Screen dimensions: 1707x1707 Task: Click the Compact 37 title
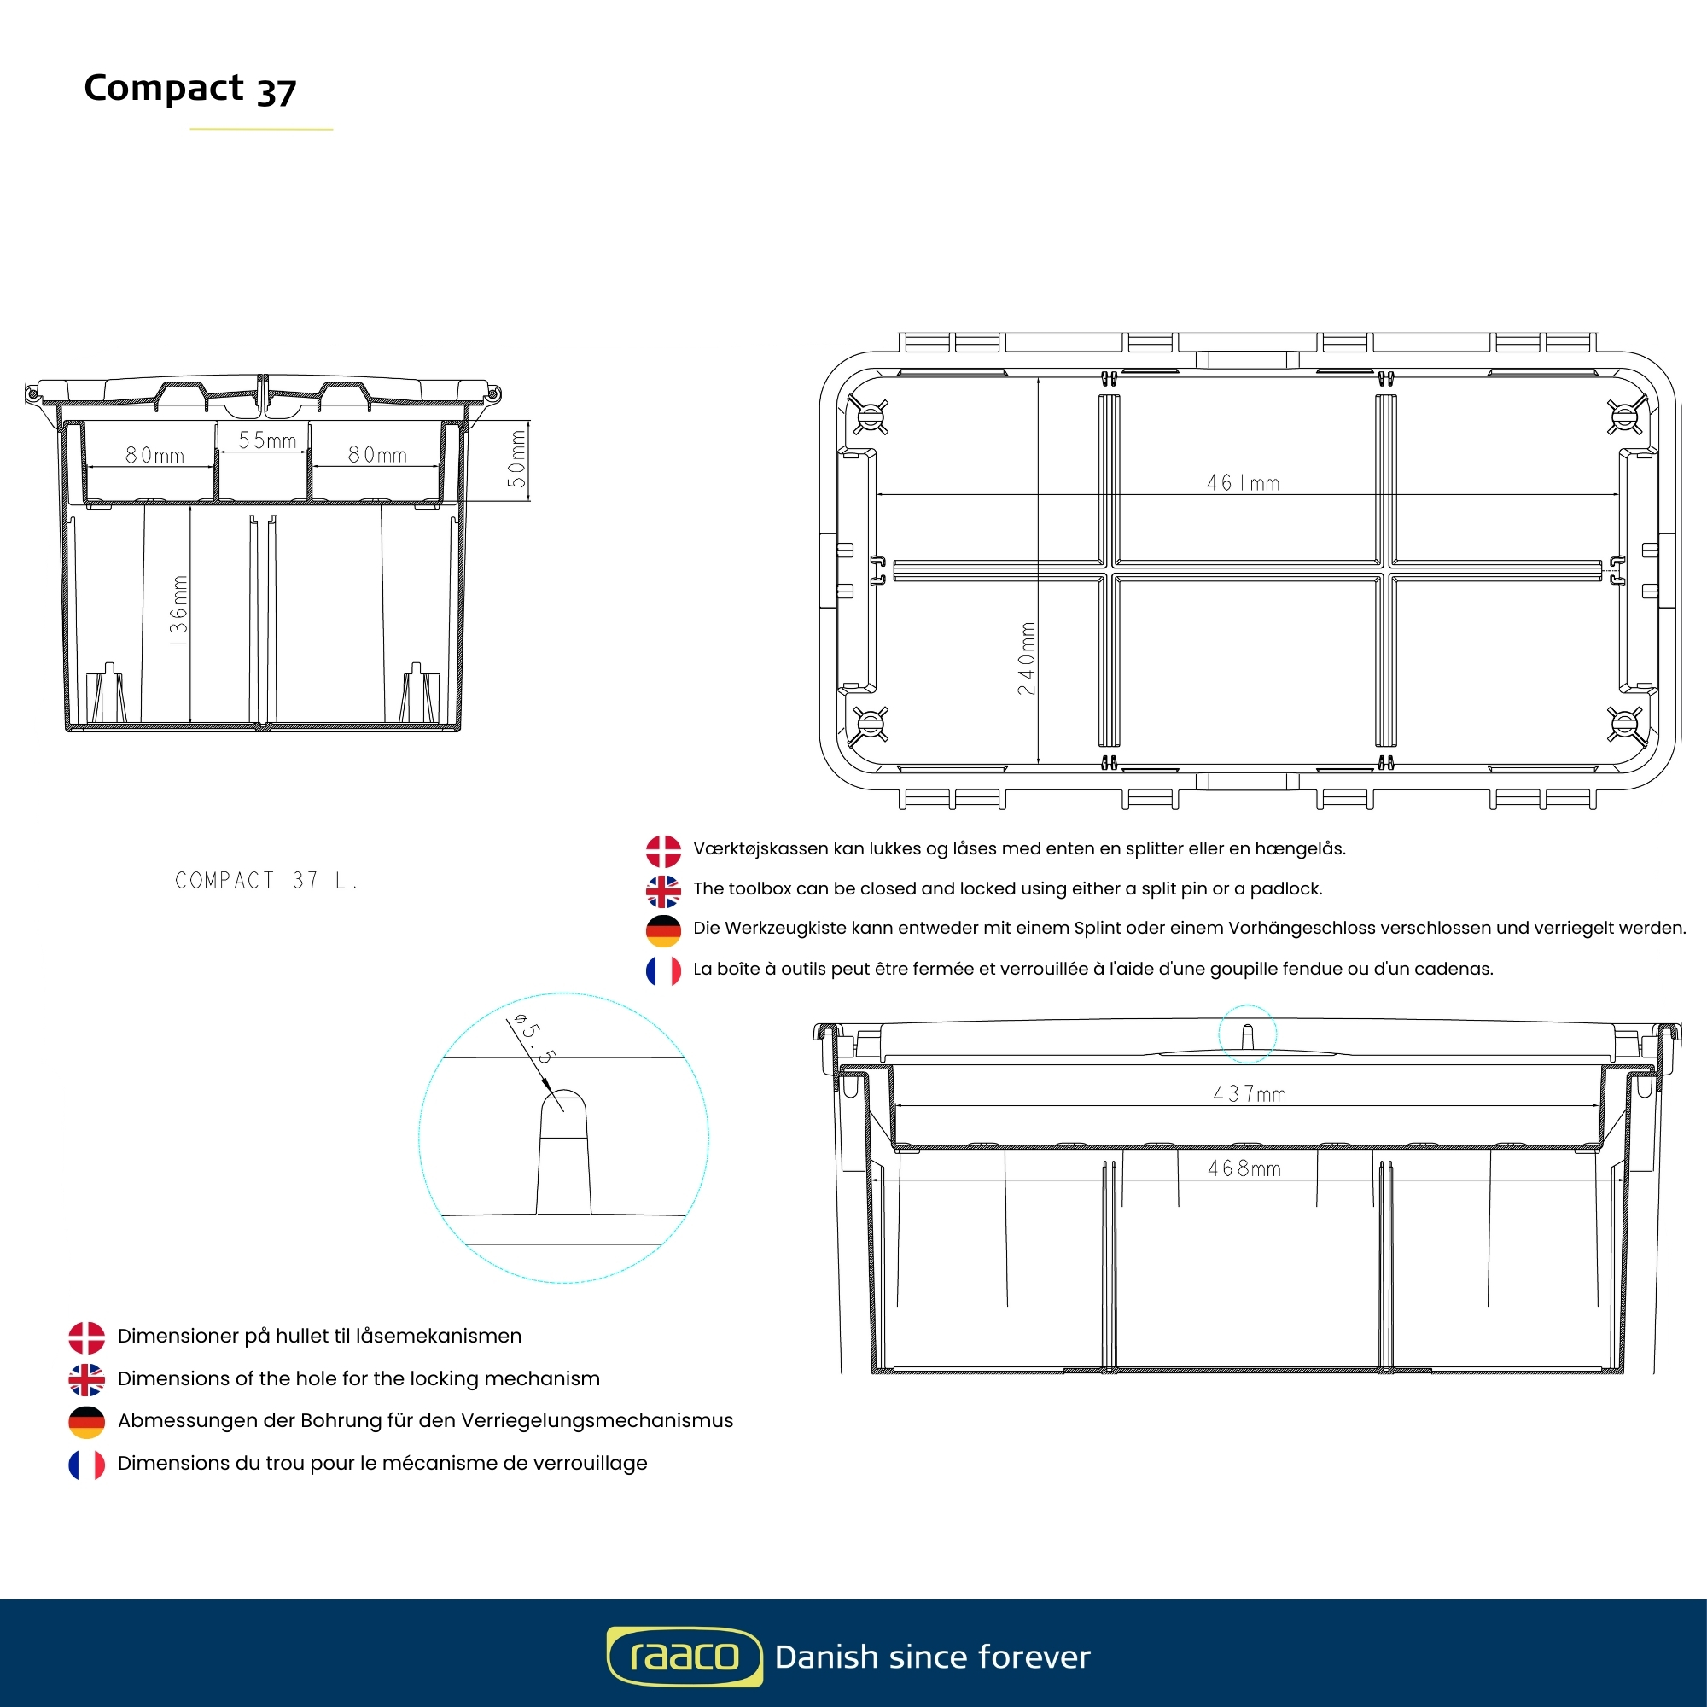click(190, 89)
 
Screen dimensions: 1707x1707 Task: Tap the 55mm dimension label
click(267, 440)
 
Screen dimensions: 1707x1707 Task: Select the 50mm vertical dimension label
click(517, 458)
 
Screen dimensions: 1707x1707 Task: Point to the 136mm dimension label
click(178, 610)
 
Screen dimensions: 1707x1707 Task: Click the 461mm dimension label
click(1242, 483)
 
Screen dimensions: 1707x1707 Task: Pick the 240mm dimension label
click(1026, 658)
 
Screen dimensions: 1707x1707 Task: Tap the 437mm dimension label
click(1249, 1095)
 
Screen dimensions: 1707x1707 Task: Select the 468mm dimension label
click(1244, 1169)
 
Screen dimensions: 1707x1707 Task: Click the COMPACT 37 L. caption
click(266, 881)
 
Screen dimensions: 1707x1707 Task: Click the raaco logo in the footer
click(684, 1657)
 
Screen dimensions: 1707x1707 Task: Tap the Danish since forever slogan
click(932, 1657)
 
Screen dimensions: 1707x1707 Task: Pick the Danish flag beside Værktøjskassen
click(662, 851)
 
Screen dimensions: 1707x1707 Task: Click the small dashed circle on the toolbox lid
click(1247, 1033)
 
